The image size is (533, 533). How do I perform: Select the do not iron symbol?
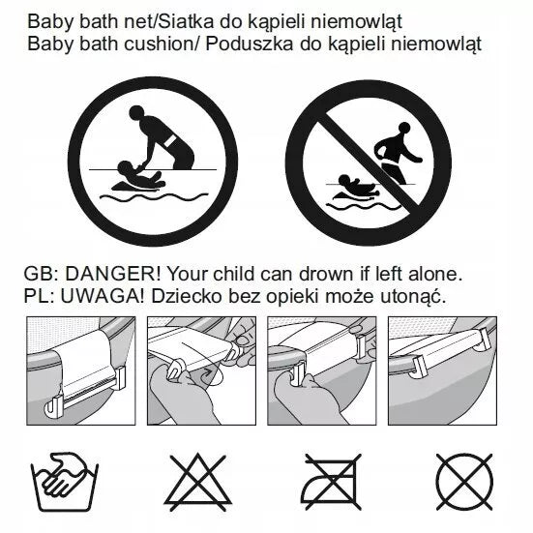pyautogui.click(x=333, y=482)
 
